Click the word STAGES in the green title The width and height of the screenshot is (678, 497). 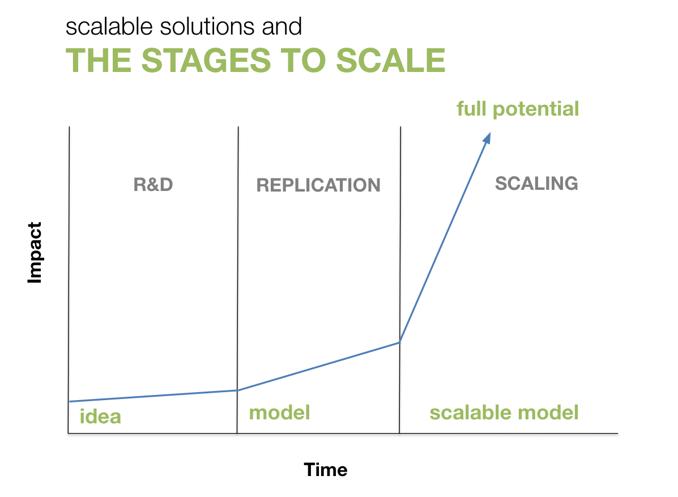tap(206, 60)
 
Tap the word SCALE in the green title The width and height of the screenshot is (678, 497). tap(390, 60)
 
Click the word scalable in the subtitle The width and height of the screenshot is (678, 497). tap(109, 27)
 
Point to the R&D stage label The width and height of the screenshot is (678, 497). tap(153, 185)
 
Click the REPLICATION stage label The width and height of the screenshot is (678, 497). tap(318, 185)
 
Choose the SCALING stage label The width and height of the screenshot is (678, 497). tap(536, 184)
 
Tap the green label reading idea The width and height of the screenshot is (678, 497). tap(100, 417)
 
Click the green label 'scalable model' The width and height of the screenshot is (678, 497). tap(504, 413)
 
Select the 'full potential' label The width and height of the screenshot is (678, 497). tap(518, 109)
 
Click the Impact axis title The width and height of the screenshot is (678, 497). tap(35, 253)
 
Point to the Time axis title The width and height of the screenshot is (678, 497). tap(326, 470)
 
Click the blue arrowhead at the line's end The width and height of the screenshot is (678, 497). tap(487, 138)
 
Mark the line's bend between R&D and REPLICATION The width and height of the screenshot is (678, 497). tap(237, 390)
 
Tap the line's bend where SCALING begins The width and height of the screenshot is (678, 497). tap(400, 342)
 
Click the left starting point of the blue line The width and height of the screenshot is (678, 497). tap(70, 401)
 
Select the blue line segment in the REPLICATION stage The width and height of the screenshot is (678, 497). tap(319, 366)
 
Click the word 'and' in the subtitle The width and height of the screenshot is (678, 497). tap(282, 27)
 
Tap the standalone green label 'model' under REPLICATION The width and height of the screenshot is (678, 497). tap(279, 413)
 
